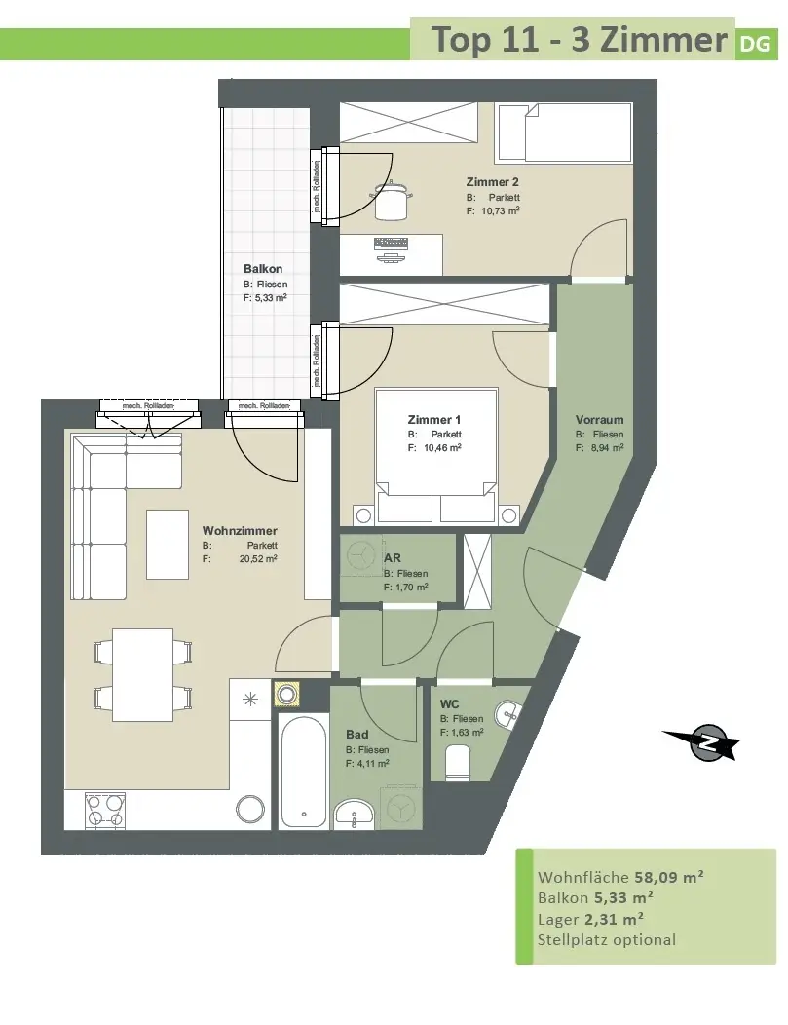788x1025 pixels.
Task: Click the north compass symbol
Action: point(703,742)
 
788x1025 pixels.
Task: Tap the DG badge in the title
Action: point(756,44)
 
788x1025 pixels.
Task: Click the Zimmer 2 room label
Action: point(492,182)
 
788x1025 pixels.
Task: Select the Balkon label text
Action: point(263,269)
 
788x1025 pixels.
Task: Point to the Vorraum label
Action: point(599,420)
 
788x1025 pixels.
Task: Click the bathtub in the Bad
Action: point(303,771)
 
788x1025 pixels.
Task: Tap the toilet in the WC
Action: point(458,764)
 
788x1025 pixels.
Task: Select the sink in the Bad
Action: point(355,814)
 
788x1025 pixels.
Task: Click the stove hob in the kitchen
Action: point(106,812)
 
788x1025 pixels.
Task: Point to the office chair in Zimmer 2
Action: point(391,199)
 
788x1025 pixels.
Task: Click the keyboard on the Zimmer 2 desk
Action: point(391,244)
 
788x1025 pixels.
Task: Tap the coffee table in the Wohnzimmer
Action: point(168,545)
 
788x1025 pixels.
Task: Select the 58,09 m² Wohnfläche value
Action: point(658,877)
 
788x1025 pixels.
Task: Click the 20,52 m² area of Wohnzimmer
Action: point(257,559)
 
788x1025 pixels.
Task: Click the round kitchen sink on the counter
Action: point(249,809)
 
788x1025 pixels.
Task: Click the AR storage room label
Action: point(392,557)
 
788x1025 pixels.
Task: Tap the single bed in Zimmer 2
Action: point(564,133)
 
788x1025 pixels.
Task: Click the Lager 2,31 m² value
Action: point(614,919)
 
